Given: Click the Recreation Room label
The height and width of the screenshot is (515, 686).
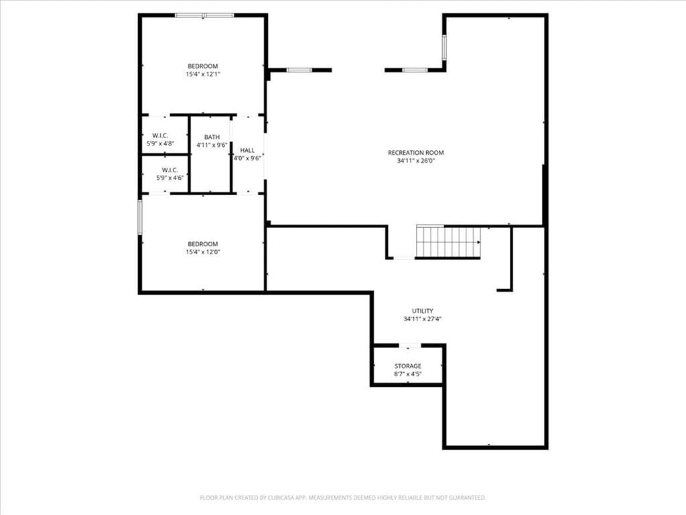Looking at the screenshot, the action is [415, 153].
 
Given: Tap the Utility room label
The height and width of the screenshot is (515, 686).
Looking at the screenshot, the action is [423, 311].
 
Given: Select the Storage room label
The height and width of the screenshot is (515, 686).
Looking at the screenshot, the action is [408, 366].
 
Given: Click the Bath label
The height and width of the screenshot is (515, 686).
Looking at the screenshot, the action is [212, 137].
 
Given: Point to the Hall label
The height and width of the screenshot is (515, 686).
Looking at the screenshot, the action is [247, 150].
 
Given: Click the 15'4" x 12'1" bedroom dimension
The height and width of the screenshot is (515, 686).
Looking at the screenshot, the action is [202, 74].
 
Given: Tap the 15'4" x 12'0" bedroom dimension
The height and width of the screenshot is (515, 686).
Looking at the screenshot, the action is [202, 252].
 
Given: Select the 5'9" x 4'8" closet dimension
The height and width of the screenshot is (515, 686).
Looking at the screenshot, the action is [160, 144].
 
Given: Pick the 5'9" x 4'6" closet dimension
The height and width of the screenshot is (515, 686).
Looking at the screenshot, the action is [169, 178].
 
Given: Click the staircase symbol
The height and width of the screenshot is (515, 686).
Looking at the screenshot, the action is [448, 241].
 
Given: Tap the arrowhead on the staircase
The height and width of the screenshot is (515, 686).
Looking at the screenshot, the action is [478, 242].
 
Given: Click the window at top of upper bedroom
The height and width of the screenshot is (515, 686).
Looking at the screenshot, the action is [204, 15].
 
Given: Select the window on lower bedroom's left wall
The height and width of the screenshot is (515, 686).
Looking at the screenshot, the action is [140, 217].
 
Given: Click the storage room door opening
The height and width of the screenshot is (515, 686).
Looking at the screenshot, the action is [409, 346].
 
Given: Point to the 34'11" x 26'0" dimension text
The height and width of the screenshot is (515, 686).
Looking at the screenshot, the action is [415, 161].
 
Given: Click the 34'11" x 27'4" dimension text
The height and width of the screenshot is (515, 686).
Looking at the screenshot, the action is [422, 319].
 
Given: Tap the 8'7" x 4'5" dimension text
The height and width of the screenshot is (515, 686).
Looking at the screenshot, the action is [408, 374].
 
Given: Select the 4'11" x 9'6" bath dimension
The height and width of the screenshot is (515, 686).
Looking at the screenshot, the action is [212, 146].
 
